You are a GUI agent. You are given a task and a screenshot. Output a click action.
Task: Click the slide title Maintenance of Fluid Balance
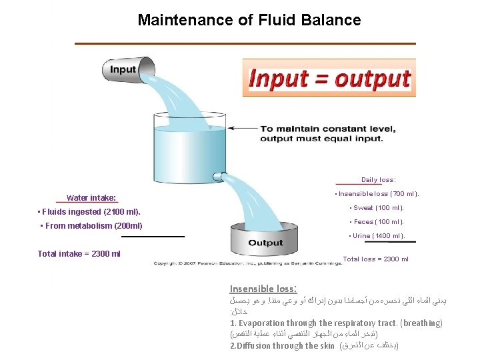[x=249, y=20]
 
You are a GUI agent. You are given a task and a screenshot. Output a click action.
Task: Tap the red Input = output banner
[x=329, y=79]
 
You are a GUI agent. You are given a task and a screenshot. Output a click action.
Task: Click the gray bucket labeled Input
[x=127, y=69]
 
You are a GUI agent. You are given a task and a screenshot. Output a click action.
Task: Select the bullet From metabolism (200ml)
[x=92, y=226]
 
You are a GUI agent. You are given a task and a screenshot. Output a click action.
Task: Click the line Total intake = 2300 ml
[x=79, y=253]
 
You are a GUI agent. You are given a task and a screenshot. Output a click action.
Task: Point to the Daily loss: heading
[x=378, y=180]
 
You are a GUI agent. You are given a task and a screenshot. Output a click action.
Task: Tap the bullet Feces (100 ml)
[x=377, y=222]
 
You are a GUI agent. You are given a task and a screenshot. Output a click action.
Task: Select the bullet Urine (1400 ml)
[x=377, y=236]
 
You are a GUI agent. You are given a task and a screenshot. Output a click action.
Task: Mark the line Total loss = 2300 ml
[x=375, y=259]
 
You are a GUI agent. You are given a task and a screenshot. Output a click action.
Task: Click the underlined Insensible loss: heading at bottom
[x=263, y=289]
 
